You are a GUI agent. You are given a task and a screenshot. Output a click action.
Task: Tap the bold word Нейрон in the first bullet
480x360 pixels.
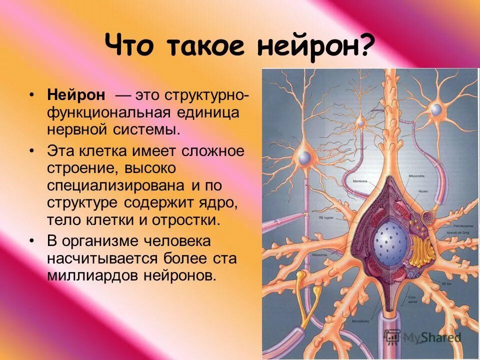pyautogui.click(x=76, y=94)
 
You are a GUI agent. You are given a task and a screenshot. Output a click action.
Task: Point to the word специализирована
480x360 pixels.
pyautogui.click(x=117, y=186)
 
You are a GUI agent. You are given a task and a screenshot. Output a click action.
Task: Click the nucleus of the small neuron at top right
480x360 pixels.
pyautogui.click(x=436, y=109)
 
